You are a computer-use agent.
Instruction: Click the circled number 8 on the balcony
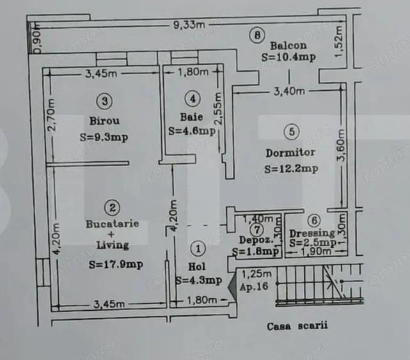(256, 36)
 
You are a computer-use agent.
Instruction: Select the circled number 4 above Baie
(191, 98)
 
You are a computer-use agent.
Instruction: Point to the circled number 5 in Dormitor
(291, 132)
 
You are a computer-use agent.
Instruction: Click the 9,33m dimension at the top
(187, 25)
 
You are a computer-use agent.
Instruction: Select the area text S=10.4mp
(288, 57)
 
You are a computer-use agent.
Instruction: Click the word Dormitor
(290, 153)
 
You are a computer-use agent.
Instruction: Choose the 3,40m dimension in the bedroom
(288, 91)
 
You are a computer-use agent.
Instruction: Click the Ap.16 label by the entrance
(254, 288)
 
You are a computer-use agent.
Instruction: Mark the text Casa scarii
(297, 325)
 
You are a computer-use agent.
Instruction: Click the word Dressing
(311, 233)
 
